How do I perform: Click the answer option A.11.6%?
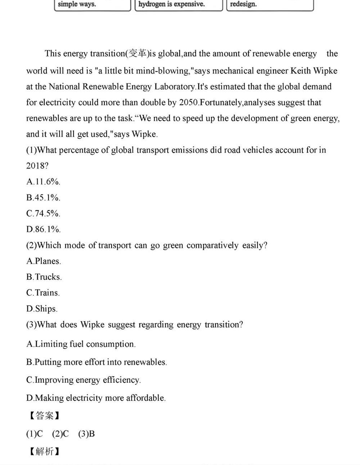(x=43, y=182)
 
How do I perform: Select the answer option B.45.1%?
(x=43, y=198)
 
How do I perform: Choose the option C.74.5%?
(x=43, y=213)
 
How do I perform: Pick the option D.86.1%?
(x=43, y=229)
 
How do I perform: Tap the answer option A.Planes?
(x=44, y=261)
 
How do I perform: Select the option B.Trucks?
(x=44, y=277)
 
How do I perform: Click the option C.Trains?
(x=43, y=293)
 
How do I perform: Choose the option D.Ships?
(x=42, y=308)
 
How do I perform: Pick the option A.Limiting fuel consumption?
(x=81, y=344)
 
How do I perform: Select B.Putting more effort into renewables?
(x=96, y=362)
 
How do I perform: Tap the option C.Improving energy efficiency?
(x=84, y=380)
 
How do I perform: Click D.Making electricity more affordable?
(x=96, y=398)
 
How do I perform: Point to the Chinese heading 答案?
(x=44, y=416)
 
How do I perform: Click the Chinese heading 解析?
(x=44, y=451)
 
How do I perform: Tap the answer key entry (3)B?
(x=86, y=434)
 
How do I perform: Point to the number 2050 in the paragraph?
(x=188, y=103)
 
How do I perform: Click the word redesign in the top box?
(x=243, y=4)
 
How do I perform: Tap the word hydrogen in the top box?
(x=152, y=4)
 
